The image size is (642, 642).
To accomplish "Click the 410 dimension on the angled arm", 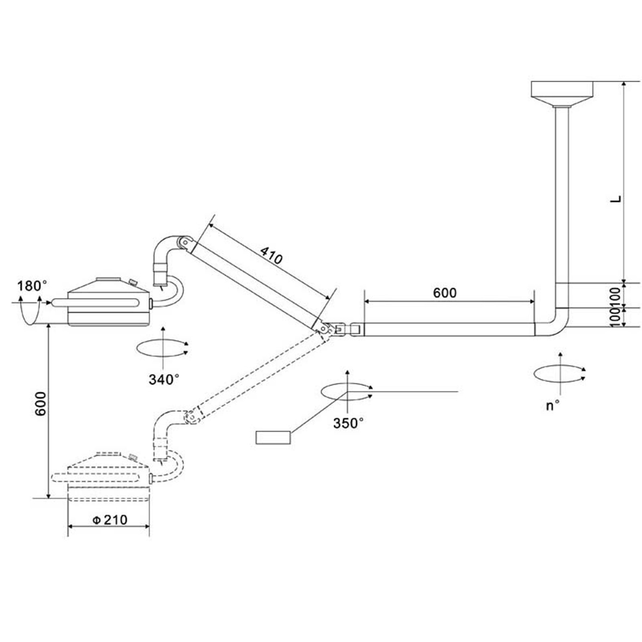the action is click(x=271, y=256).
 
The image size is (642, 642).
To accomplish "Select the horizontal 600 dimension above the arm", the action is click(x=445, y=293).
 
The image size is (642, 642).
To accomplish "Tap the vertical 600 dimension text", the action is click(x=41, y=404).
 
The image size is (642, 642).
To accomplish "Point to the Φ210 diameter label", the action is click(x=110, y=520).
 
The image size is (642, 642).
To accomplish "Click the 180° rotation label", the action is click(x=32, y=286).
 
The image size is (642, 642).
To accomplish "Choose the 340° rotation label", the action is click(x=164, y=379).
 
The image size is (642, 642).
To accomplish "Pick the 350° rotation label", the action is click(x=348, y=423).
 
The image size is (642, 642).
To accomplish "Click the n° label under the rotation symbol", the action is click(x=553, y=406).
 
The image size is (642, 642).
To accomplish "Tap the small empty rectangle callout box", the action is click(x=273, y=437).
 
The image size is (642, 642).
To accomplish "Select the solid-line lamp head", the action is click(x=108, y=302).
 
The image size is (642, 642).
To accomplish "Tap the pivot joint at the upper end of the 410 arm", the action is click(x=185, y=242).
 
